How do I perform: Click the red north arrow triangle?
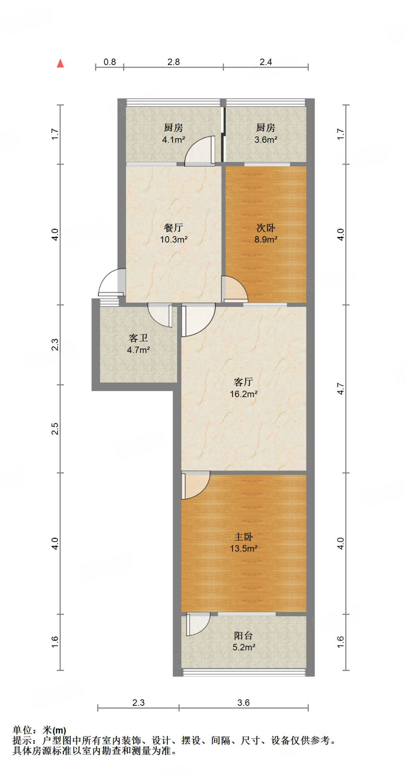(x=60, y=64)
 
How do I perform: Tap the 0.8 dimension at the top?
(x=110, y=62)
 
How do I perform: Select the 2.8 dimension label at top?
(x=174, y=62)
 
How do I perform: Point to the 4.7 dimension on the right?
(x=341, y=389)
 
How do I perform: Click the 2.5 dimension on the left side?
(x=55, y=428)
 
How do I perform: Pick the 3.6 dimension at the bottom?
(x=243, y=703)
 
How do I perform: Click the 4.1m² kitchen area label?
(x=174, y=140)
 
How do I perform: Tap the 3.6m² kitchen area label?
(x=266, y=140)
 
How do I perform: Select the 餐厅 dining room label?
(x=174, y=227)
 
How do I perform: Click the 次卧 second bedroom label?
(x=266, y=227)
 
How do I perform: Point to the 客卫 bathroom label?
(x=138, y=338)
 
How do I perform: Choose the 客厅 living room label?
(x=243, y=382)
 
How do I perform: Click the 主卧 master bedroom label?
(x=243, y=537)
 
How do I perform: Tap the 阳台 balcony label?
(x=243, y=635)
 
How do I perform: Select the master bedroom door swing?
(x=194, y=485)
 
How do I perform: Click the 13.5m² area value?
(x=244, y=548)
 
